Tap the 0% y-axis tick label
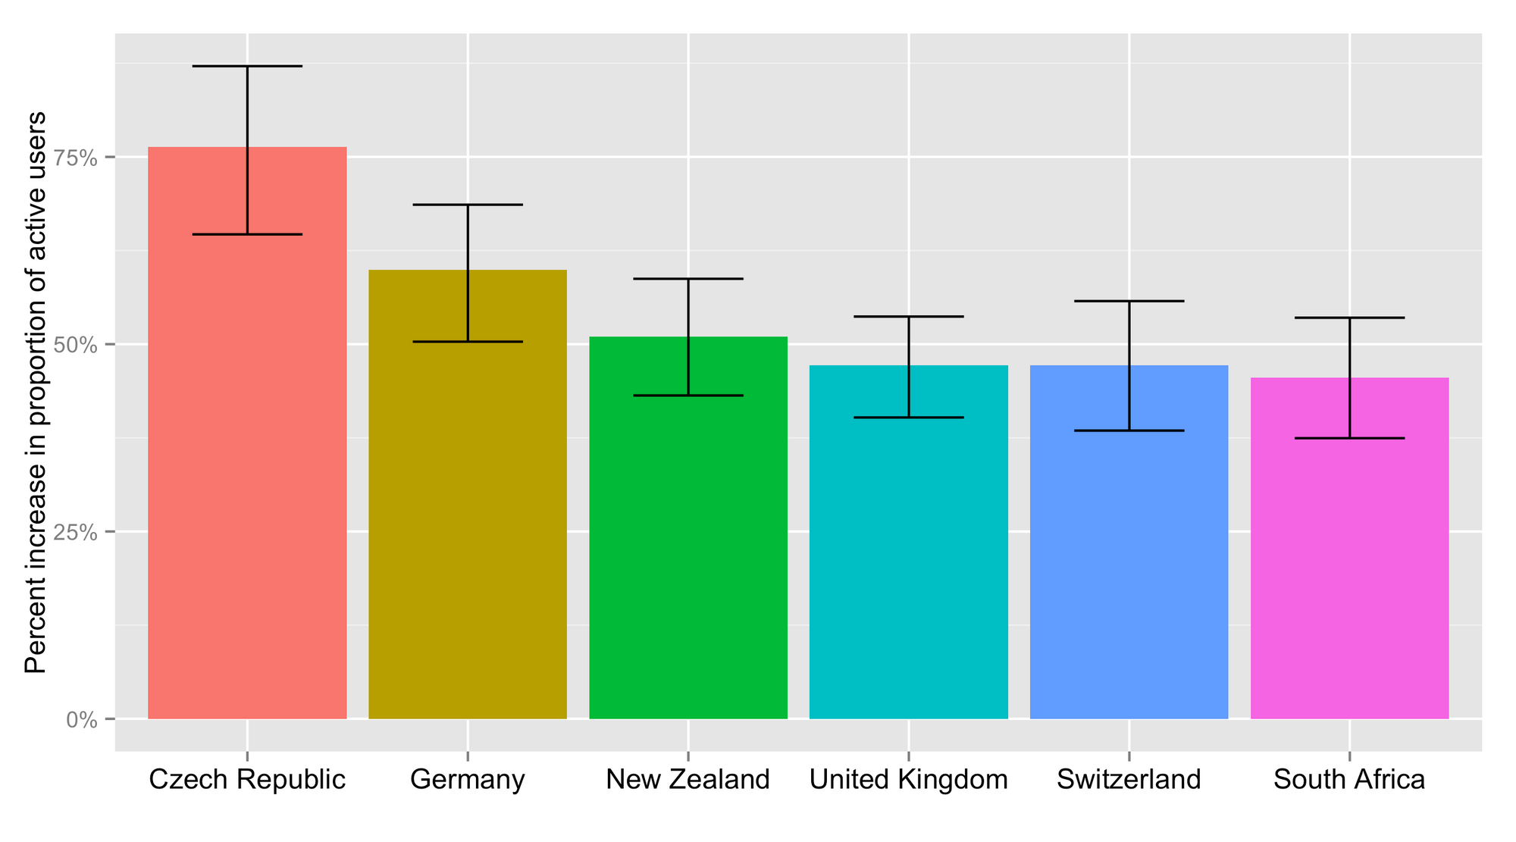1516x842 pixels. (82, 720)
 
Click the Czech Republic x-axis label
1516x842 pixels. (247, 780)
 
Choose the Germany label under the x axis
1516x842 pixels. (468, 780)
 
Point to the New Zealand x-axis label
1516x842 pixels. (688, 780)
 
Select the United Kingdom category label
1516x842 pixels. (909, 780)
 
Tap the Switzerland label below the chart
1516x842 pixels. (1129, 780)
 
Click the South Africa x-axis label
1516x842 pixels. (1349, 780)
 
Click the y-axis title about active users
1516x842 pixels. (36, 392)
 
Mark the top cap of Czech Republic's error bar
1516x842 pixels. (247, 67)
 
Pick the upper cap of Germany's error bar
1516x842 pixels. (468, 205)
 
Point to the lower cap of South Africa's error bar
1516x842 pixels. (1349, 438)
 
